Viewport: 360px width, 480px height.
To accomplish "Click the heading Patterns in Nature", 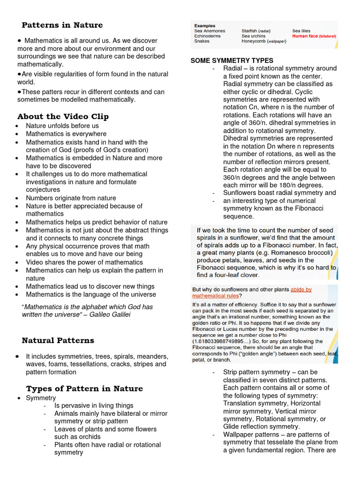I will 62,25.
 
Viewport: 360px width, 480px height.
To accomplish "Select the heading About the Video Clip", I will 63,116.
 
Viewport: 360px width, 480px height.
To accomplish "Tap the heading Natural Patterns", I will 58,340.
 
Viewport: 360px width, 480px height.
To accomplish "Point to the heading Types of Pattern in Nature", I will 84,389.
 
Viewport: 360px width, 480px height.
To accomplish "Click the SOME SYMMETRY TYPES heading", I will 232,60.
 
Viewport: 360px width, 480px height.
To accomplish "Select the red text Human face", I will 305,36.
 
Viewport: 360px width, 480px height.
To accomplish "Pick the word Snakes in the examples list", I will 202,41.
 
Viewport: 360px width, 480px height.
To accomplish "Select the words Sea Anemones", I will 210,31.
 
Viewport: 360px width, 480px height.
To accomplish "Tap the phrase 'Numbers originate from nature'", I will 71,198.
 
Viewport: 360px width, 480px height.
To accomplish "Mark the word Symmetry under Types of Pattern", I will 41,397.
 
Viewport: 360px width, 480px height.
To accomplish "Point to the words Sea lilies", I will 301,31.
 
